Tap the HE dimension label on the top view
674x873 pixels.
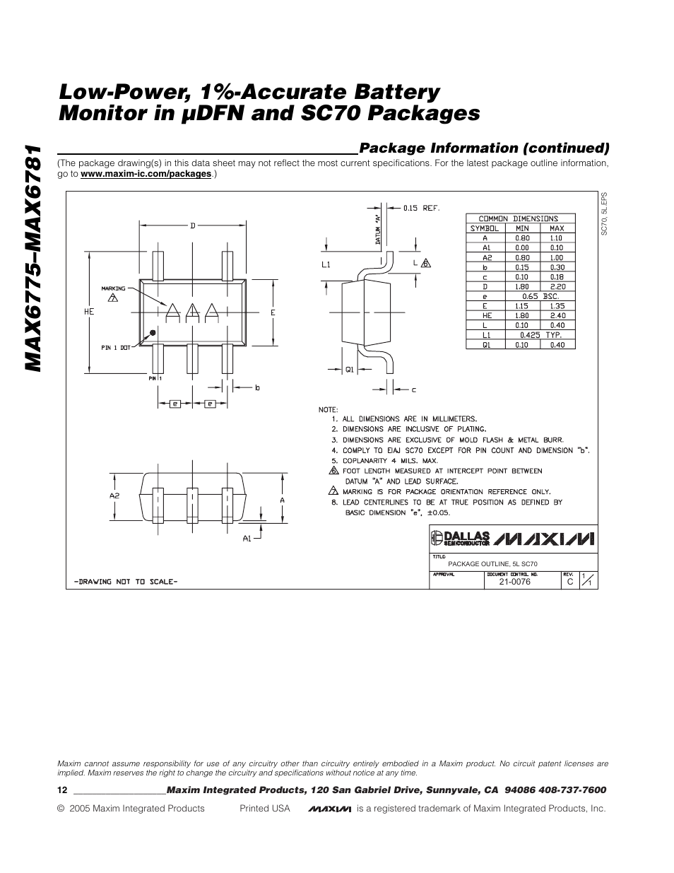pyautogui.click(x=90, y=311)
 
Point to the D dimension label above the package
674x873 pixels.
pyautogui.click(x=191, y=225)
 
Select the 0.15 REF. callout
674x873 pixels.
pyautogui.click(x=421, y=208)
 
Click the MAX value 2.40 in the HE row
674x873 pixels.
pyautogui.click(x=557, y=316)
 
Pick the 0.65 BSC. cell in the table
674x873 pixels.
pyautogui.click(x=540, y=297)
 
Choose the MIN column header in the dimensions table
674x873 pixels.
pyautogui.click(x=522, y=228)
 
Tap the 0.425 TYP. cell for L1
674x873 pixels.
pyautogui.click(x=540, y=335)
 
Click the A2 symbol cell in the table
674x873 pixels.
pyautogui.click(x=485, y=258)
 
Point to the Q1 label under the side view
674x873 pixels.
pyautogui.click(x=349, y=369)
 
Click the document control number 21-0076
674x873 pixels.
pyautogui.click(x=514, y=582)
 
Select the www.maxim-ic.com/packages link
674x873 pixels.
pyautogui.click(x=146, y=174)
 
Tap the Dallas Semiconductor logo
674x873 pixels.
pyautogui.click(x=461, y=539)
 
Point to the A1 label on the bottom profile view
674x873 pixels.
pyautogui.click(x=247, y=539)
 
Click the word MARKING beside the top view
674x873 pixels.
pyautogui.click(x=113, y=288)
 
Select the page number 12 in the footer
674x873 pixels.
pyautogui.click(x=61, y=790)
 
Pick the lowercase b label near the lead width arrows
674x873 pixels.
pyautogui.click(x=257, y=387)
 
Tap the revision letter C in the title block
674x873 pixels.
pyautogui.click(x=569, y=582)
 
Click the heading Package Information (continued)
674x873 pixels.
pyautogui.click(x=484, y=148)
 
